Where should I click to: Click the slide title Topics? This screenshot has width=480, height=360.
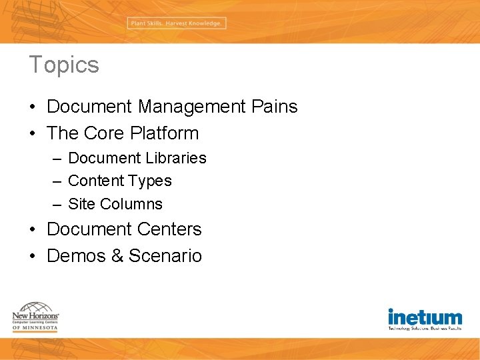64,65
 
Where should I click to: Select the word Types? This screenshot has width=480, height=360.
150,181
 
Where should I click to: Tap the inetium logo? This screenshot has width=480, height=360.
425,319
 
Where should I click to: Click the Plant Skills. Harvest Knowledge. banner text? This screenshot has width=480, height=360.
177,23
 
